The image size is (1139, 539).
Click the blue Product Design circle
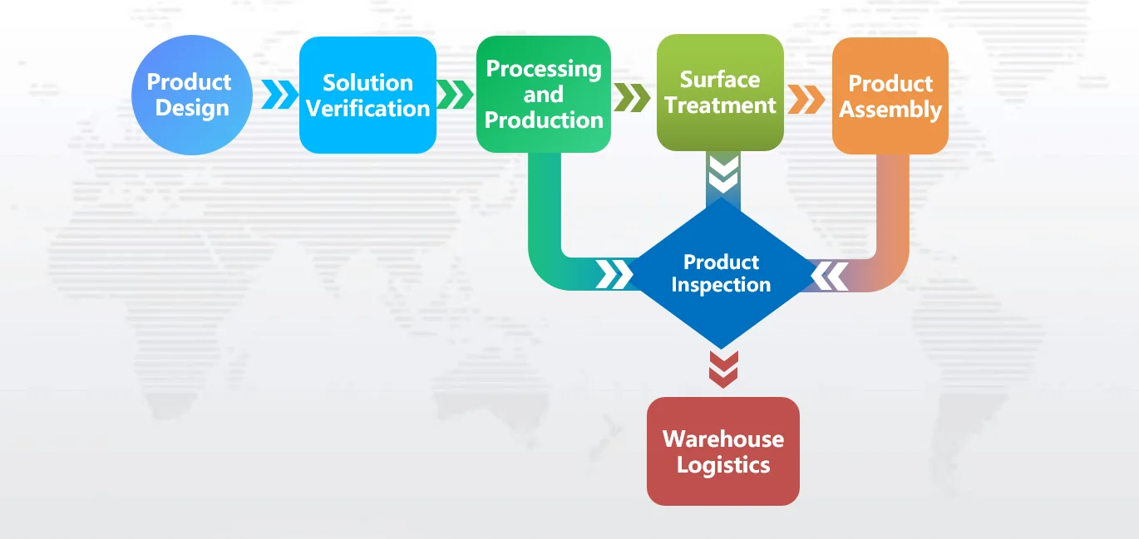(x=191, y=95)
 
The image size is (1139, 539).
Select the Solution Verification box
(x=367, y=95)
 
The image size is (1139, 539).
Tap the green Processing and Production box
(x=544, y=94)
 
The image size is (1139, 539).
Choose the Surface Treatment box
(x=720, y=93)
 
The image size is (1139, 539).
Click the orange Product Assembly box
(x=890, y=96)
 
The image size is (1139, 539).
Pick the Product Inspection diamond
(x=721, y=273)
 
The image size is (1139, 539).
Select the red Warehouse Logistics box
(x=722, y=451)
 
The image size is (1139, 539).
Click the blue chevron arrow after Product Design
(x=279, y=95)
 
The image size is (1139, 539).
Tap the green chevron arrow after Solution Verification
(x=455, y=95)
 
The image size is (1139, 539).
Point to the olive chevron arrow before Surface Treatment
(x=633, y=97)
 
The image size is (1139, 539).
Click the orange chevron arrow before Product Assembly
(x=806, y=98)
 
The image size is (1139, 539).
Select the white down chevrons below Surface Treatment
(x=722, y=173)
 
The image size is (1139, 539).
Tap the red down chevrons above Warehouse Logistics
(x=722, y=369)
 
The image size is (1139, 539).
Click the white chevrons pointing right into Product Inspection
(x=614, y=275)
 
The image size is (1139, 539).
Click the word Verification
(x=367, y=108)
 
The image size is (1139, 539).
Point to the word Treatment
(x=720, y=105)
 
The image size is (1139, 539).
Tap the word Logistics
(x=722, y=464)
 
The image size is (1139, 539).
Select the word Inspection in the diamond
(x=721, y=285)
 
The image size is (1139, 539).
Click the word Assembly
(x=890, y=110)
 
